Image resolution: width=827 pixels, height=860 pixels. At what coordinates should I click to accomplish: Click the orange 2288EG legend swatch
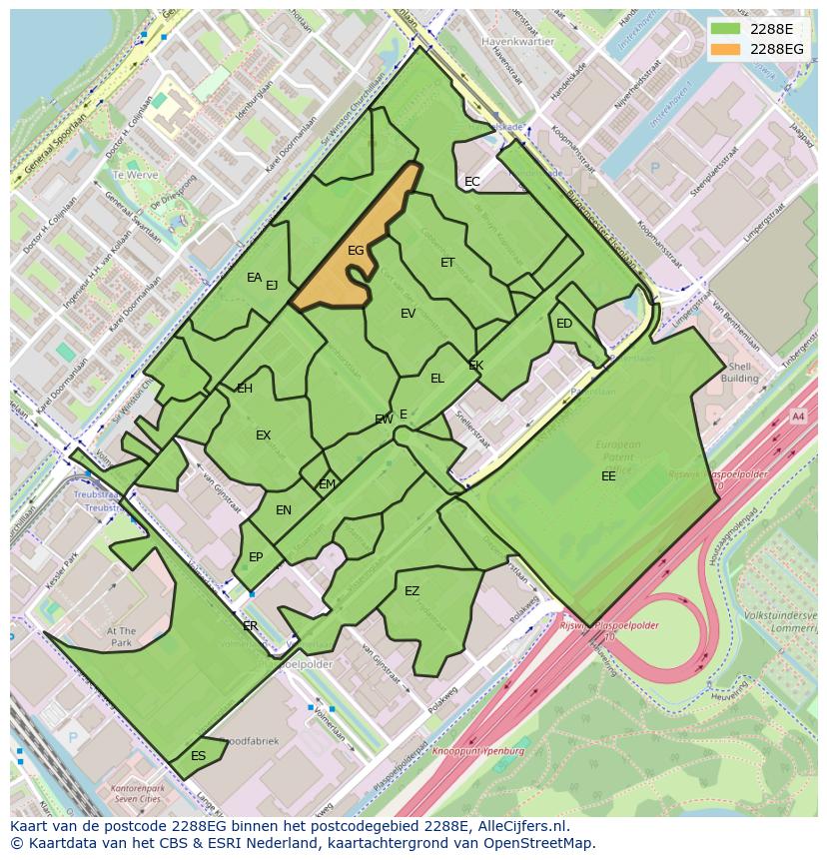[x=726, y=49]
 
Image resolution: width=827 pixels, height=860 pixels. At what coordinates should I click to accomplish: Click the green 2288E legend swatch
[x=726, y=28]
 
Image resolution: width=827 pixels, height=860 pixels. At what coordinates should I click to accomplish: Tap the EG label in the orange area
[x=356, y=251]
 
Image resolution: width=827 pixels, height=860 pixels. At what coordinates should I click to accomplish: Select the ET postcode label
[x=447, y=263]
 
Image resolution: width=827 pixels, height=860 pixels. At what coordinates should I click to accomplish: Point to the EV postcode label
[x=408, y=314]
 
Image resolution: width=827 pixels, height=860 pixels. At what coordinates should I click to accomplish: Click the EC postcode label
[x=472, y=182]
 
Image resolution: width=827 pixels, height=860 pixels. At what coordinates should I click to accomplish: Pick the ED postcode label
[x=564, y=324]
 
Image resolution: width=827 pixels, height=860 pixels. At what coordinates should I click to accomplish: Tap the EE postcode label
[x=608, y=476]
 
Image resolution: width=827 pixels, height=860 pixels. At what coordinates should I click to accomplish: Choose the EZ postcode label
[x=412, y=591]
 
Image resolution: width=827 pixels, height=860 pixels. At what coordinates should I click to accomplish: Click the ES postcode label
[x=198, y=756]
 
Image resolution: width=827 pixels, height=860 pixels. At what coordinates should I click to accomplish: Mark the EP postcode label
[x=256, y=557]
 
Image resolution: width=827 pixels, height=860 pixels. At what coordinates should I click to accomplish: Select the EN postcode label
[x=284, y=510]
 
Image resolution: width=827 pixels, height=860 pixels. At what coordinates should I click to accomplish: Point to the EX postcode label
[x=263, y=435]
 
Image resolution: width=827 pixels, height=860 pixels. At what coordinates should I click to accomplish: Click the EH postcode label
[x=245, y=389]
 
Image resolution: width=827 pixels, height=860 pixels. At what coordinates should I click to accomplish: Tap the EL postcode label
[x=437, y=379]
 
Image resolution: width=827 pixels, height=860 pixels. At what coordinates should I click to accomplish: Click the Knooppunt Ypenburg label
[x=478, y=750]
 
